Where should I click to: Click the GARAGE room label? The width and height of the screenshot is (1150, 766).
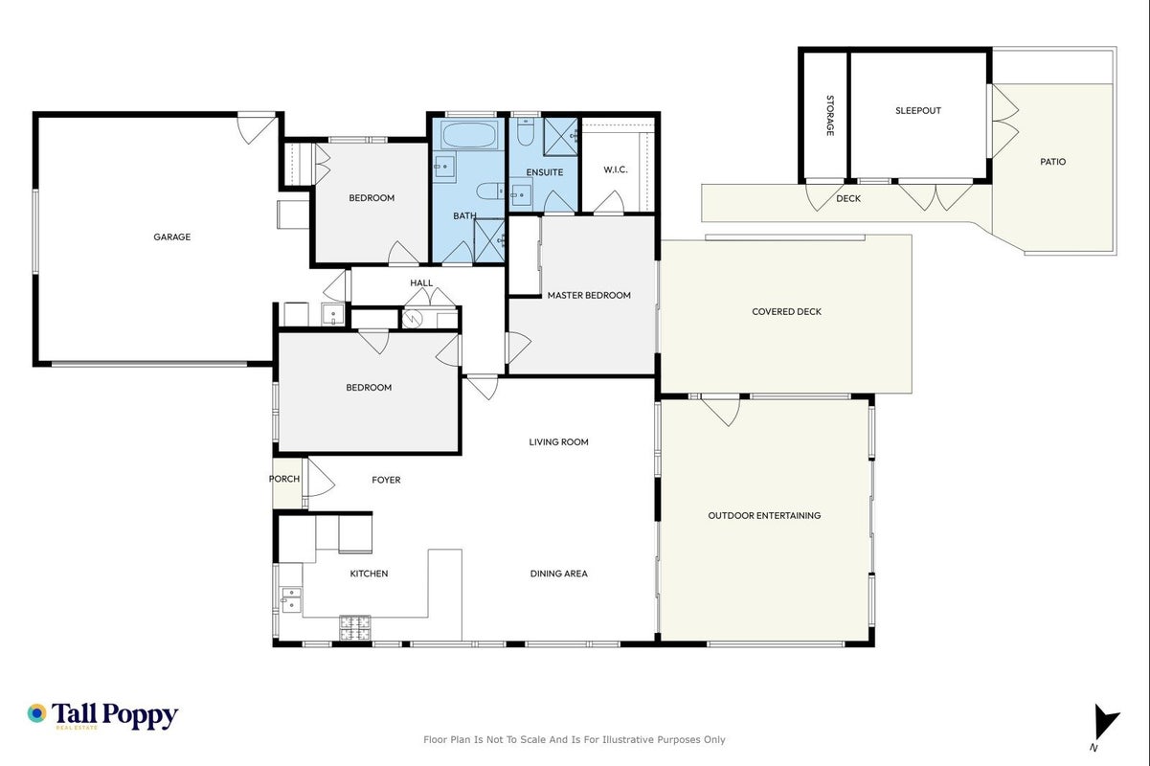click(172, 237)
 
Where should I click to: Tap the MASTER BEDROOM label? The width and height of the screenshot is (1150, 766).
click(589, 295)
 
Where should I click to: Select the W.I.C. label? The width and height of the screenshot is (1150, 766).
click(615, 169)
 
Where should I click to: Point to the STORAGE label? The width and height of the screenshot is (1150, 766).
click(829, 116)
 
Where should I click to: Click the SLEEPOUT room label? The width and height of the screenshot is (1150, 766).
click(918, 110)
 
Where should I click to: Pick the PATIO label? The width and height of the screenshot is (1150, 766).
click(1053, 162)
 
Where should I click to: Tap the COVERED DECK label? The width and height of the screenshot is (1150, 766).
click(786, 311)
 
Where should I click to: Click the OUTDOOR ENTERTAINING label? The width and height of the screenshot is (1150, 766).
click(764, 515)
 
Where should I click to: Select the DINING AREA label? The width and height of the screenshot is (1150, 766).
click(558, 574)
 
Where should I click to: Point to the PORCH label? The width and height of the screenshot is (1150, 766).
click(283, 479)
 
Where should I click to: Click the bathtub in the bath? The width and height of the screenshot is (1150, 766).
click(468, 134)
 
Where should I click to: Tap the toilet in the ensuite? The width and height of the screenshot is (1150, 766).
click(525, 132)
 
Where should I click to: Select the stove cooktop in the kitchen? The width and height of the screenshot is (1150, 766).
click(354, 628)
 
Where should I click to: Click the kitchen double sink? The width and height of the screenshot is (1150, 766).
click(290, 600)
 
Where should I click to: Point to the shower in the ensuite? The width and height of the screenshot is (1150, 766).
click(560, 137)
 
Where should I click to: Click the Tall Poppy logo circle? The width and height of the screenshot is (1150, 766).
click(36, 713)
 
